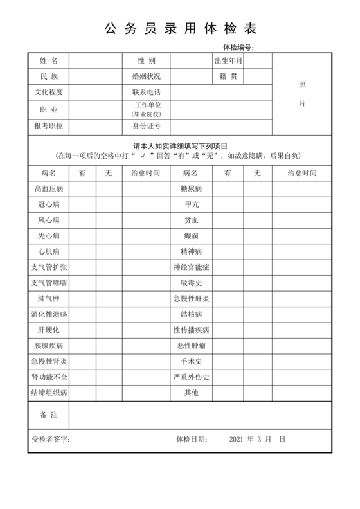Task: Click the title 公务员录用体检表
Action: [x=180, y=29]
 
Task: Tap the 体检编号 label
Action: [x=239, y=48]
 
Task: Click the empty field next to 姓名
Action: [x=96, y=60]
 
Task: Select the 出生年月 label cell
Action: [x=228, y=60]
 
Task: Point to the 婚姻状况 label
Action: [x=146, y=76]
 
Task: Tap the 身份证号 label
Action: [x=146, y=126]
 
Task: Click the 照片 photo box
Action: [x=302, y=94]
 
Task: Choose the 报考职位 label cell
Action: [x=49, y=126]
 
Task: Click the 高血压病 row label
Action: [x=49, y=189]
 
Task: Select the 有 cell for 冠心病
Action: [x=83, y=204]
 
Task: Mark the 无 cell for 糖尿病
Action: [x=257, y=189]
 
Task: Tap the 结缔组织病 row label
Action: [x=49, y=392]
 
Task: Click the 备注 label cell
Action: [x=49, y=415]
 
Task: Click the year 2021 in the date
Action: [x=238, y=440]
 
